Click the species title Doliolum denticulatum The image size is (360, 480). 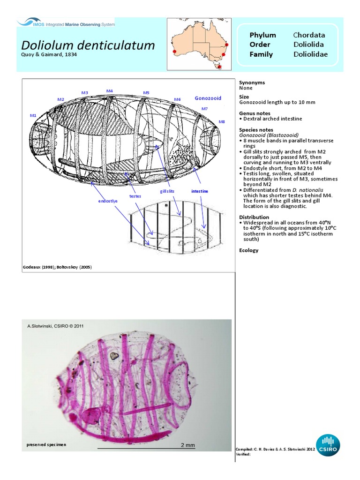click(x=88, y=45)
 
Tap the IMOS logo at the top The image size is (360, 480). click(x=66, y=22)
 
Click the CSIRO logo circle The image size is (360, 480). click(x=328, y=445)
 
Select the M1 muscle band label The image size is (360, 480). click(x=33, y=115)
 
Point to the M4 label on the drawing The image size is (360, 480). click(x=109, y=91)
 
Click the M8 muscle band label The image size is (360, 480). click(x=222, y=121)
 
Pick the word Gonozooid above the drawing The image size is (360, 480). click(x=208, y=98)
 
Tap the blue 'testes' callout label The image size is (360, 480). click(x=135, y=196)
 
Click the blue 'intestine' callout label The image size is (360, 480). click(x=200, y=191)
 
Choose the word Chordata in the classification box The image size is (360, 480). click(x=309, y=35)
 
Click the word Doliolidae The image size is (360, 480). click(x=310, y=54)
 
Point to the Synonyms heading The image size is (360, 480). click(x=252, y=82)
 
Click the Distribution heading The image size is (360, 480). click(x=254, y=217)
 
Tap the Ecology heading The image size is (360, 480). click(x=248, y=250)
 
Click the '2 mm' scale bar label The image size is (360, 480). click(x=187, y=445)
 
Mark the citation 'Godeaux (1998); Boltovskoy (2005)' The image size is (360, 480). click(x=57, y=267)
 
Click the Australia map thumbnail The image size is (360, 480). click(x=199, y=45)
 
